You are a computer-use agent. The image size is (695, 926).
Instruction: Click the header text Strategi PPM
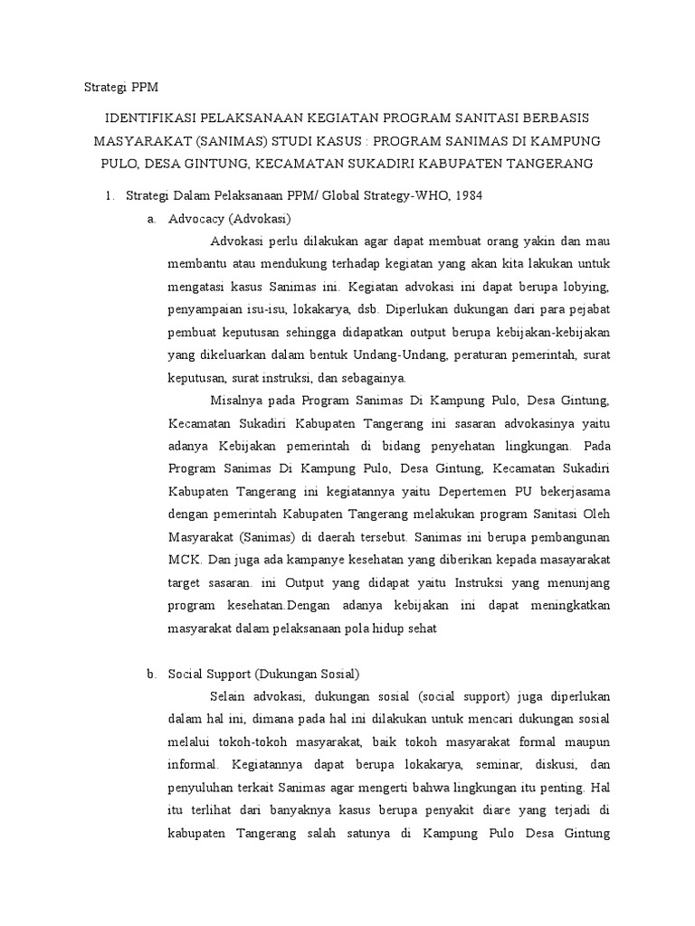click(x=120, y=87)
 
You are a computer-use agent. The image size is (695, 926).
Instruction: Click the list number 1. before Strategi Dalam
click(x=109, y=195)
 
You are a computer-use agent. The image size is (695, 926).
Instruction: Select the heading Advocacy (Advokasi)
click(x=230, y=219)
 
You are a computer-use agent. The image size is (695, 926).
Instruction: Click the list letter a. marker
click(x=150, y=219)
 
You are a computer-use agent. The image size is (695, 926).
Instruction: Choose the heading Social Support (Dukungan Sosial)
click(x=263, y=674)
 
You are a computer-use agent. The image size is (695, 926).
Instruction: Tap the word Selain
click(x=228, y=697)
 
